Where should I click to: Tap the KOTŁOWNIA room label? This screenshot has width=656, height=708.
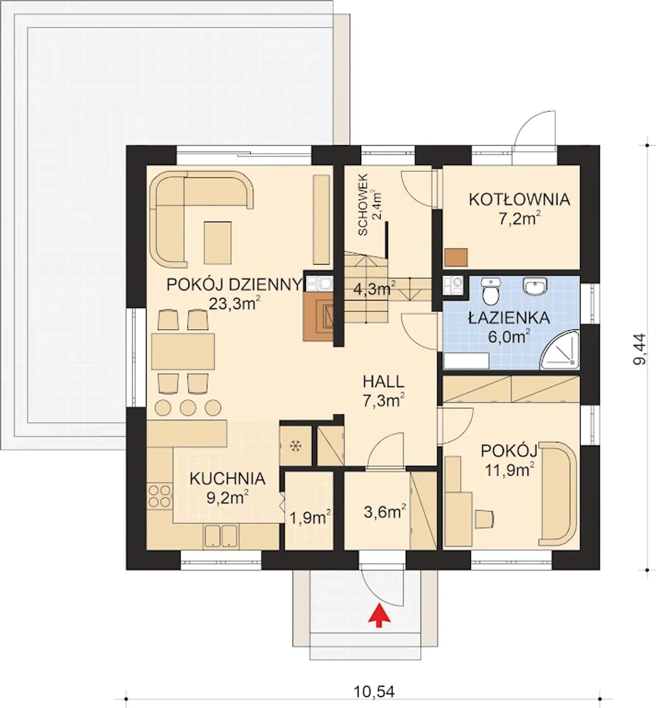click(520, 199)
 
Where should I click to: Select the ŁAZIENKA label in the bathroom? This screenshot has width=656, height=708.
click(509, 318)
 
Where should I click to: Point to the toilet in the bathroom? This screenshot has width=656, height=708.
click(490, 291)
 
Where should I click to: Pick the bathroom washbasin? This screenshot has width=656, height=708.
click(535, 286)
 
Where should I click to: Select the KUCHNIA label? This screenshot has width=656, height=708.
click(228, 479)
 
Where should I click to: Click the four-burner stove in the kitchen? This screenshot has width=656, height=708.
click(159, 496)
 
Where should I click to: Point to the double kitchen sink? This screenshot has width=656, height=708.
click(220, 536)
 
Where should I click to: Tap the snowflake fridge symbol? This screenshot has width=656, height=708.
click(295, 446)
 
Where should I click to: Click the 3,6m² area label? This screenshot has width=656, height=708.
click(385, 513)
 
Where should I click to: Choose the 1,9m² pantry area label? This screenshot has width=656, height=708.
click(310, 518)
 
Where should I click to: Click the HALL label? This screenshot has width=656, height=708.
click(384, 382)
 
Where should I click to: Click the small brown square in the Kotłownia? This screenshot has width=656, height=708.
click(456, 257)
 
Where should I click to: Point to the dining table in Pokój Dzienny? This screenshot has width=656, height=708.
click(183, 352)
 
